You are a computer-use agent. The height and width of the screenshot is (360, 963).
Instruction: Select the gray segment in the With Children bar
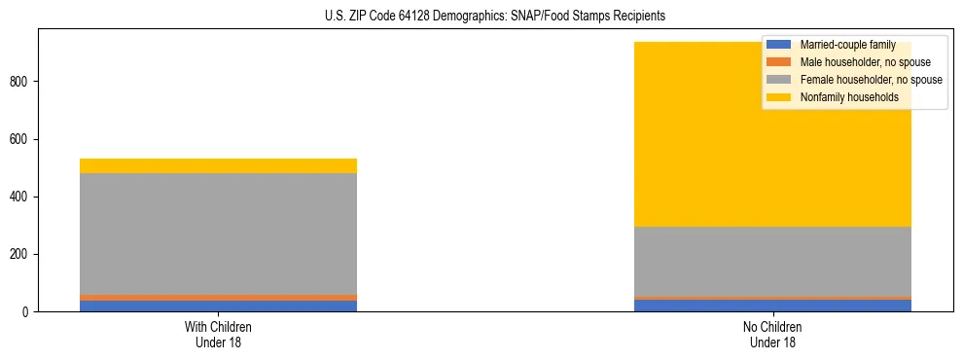pos(218,234)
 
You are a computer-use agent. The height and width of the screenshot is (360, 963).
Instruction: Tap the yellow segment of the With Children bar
pos(218,165)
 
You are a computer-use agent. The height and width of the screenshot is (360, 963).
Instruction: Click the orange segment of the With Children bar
pos(218,298)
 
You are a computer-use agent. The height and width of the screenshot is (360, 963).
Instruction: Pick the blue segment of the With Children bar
pos(218,306)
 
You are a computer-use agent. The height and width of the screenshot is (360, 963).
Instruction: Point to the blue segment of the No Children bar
pos(772,306)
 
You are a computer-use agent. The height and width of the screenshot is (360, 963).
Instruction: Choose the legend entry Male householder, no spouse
pos(865,62)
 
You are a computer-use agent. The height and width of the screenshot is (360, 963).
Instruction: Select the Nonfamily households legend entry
pos(849,97)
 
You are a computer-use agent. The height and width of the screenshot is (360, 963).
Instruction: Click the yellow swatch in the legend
pos(779,97)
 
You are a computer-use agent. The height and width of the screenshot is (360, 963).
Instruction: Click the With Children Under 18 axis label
pos(218,335)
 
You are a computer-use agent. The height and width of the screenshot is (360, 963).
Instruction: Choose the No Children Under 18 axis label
pos(772,335)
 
